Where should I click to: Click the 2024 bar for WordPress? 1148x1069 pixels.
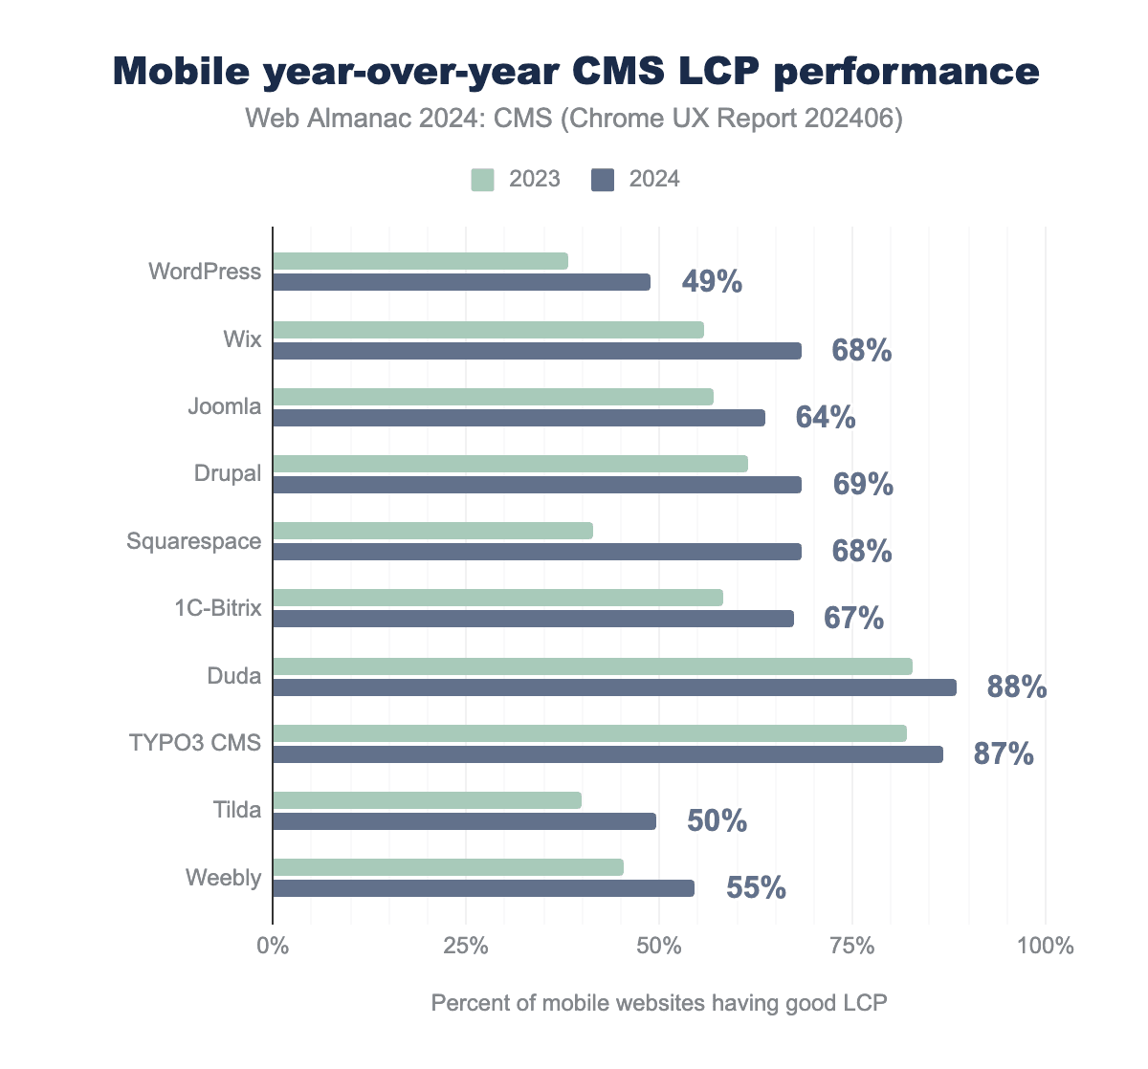pyautogui.click(x=461, y=282)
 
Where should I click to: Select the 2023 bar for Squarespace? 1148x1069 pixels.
pyautogui.click(x=432, y=531)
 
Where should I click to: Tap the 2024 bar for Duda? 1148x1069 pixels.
pyautogui.click(x=614, y=687)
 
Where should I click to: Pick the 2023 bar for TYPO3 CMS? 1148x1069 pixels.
pyautogui.click(x=589, y=733)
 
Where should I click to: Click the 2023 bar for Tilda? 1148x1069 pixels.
pyautogui.click(x=427, y=800)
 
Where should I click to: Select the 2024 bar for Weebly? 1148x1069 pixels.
pyautogui.click(x=483, y=888)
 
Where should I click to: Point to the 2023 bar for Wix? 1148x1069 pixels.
pyautogui.click(x=488, y=330)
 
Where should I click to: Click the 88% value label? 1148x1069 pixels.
pyautogui.click(x=1017, y=687)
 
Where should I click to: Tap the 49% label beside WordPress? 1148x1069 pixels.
pyautogui.click(x=712, y=282)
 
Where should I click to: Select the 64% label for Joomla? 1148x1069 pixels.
pyautogui.click(x=826, y=418)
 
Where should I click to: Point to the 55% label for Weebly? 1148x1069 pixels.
pyautogui.click(x=756, y=888)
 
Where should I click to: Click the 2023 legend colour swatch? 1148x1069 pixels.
pyautogui.click(x=482, y=180)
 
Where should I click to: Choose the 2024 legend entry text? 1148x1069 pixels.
pyautogui.click(x=654, y=180)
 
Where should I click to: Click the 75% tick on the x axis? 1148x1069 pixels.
pyautogui.click(x=852, y=947)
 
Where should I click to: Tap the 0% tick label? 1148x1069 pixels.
pyautogui.click(x=274, y=947)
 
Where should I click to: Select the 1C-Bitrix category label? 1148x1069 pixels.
pyautogui.click(x=218, y=608)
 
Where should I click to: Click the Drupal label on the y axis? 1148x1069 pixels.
pyautogui.click(x=229, y=473)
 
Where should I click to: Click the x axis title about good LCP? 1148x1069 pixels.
pyautogui.click(x=659, y=1003)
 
